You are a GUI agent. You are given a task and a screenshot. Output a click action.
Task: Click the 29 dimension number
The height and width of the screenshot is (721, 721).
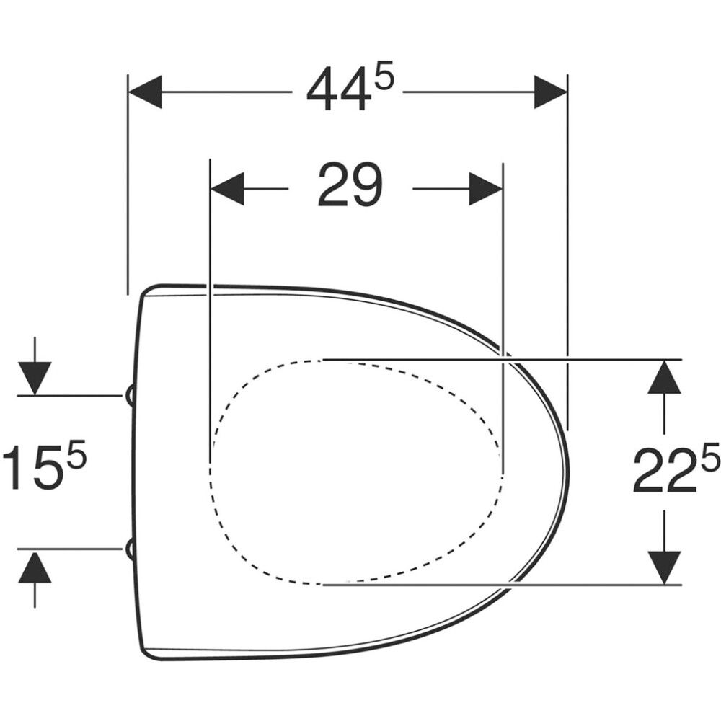pos(350,185)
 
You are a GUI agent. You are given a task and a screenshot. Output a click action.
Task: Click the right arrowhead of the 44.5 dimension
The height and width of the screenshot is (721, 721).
pos(550,92)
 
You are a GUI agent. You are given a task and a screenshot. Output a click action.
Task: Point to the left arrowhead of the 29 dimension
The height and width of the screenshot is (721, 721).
pos(227,189)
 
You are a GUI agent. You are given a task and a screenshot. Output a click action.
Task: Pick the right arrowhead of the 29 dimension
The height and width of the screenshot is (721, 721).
pos(485,189)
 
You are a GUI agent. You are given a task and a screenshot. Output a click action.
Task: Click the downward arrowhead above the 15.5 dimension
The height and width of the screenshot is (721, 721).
pos(35,377)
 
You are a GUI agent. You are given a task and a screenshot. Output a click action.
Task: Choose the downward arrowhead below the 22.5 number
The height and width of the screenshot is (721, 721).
pos(664,567)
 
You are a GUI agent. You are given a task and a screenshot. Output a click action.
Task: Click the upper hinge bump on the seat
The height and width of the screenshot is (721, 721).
pos(131,394)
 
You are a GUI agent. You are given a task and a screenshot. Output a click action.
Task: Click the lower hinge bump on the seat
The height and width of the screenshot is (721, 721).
pos(131,549)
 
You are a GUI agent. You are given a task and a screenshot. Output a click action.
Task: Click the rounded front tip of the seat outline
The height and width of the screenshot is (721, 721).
pos(567,472)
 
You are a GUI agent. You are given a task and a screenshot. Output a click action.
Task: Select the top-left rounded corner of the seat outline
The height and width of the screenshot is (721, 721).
pos(149,290)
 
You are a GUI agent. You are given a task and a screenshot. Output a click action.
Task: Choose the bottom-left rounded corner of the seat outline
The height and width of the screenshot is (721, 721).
pos(149,653)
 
